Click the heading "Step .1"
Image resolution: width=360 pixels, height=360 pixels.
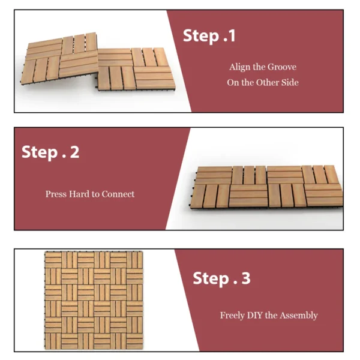click(x=209, y=36)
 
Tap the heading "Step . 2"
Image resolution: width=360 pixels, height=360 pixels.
click(x=50, y=152)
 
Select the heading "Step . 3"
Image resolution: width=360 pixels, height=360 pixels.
click(x=221, y=278)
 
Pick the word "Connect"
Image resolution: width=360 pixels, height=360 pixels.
click(x=118, y=194)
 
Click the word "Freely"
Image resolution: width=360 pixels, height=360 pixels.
click(x=232, y=316)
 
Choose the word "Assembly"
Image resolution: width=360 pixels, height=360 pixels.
click(x=299, y=316)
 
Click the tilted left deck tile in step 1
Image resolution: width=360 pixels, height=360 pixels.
click(x=60, y=59)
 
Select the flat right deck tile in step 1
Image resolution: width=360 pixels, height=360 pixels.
click(x=136, y=70)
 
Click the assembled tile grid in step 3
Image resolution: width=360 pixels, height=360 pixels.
click(x=94, y=301)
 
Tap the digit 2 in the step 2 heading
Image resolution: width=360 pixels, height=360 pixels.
click(x=74, y=152)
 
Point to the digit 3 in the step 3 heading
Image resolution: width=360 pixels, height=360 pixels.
click(x=246, y=278)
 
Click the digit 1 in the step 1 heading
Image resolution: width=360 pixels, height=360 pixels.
click(x=232, y=36)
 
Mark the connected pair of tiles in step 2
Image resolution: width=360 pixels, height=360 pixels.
click(x=266, y=187)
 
